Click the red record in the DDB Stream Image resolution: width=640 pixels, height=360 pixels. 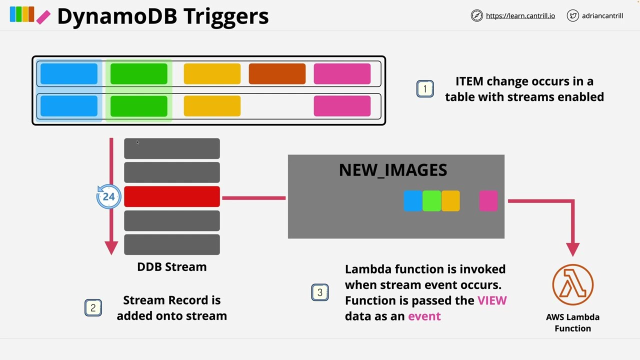[171, 196]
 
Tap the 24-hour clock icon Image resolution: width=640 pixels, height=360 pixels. [108, 196]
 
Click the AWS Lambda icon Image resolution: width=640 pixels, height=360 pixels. [572, 285]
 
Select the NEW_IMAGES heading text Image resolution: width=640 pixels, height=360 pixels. [393, 170]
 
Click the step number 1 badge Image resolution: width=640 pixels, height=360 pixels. [425, 89]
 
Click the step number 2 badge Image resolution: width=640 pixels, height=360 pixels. [93, 308]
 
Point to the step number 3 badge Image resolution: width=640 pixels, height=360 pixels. [320, 292]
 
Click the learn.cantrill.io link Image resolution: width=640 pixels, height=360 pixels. [520, 16]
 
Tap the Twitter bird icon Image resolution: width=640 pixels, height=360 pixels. [572, 16]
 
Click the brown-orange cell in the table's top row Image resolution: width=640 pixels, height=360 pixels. [277, 74]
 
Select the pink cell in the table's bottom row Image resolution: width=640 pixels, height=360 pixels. [342, 106]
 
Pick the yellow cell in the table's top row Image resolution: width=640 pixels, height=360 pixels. [212, 74]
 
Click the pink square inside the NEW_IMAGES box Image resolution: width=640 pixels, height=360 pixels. [488, 201]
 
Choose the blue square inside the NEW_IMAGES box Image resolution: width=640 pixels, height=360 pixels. [412, 201]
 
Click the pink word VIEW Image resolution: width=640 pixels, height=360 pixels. [492, 300]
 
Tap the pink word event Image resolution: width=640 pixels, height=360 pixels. [424, 316]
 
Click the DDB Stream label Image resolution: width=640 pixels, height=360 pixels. [171, 267]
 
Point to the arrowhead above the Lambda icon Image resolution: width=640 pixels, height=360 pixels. [572, 249]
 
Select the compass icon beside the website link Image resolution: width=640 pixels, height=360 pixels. [476, 16]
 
